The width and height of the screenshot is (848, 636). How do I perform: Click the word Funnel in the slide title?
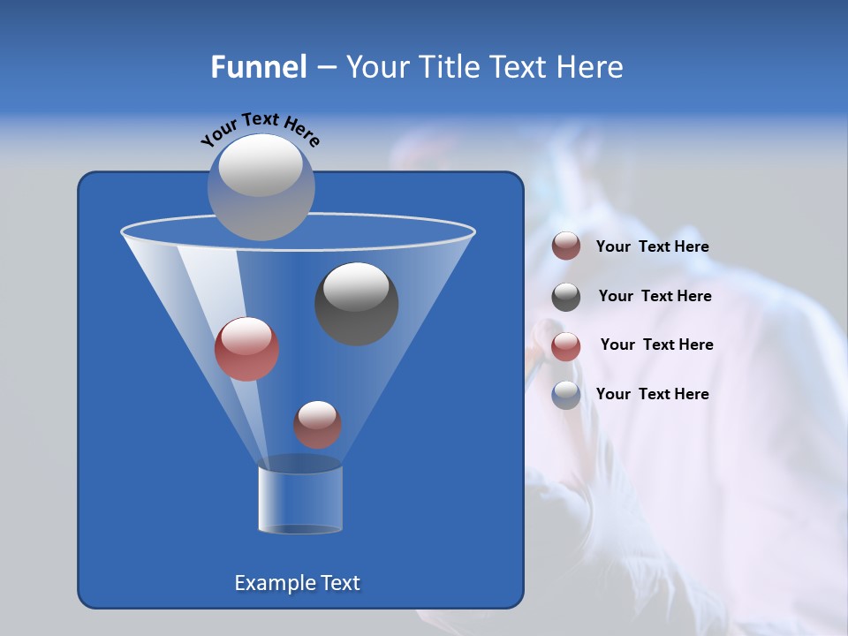click(x=259, y=67)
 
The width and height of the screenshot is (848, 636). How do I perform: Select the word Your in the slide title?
click(x=379, y=67)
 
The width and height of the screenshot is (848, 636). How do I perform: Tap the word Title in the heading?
click(x=450, y=67)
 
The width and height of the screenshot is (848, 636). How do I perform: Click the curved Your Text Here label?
click(x=260, y=129)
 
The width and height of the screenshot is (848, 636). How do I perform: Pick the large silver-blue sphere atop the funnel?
click(x=261, y=186)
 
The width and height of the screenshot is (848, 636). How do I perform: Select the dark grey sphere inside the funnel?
click(x=356, y=304)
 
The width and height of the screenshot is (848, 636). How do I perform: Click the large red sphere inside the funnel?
click(x=246, y=349)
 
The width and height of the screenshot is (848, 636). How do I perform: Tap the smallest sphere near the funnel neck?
click(x=317, y=425)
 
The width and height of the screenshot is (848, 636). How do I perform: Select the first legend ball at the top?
click(x=566, y=246)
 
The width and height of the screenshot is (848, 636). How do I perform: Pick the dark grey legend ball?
click(x=566, y=297)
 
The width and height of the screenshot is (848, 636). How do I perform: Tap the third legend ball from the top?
click(x=566, y=346)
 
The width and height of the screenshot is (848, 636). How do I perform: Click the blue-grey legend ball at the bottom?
click(x=566, y=395)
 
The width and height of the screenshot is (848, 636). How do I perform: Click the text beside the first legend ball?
click(x=652, y=247)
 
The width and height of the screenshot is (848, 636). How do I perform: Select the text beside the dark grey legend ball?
click(x=655, y=296)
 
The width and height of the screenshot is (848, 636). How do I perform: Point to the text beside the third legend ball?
click(x=656, y=344)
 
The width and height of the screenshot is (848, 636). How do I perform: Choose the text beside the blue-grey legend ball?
click(x=652, y=394)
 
